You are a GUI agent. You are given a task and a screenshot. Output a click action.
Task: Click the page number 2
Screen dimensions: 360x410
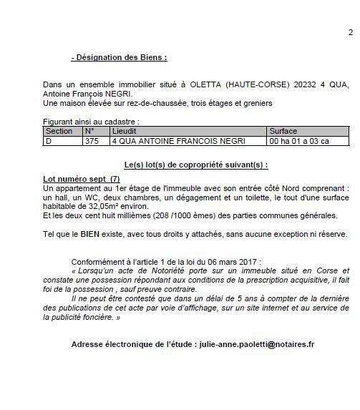[x=350, y=32]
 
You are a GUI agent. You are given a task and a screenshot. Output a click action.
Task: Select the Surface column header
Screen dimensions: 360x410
[x=283, y=132]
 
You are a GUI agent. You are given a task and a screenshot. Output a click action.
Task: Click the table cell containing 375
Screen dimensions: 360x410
[x=92, y=141]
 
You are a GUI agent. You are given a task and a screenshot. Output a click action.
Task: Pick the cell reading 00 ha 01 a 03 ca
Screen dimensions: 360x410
[x=298, y=141]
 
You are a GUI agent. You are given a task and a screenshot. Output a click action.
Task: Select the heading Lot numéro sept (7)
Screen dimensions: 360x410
[x=81, y=177]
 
